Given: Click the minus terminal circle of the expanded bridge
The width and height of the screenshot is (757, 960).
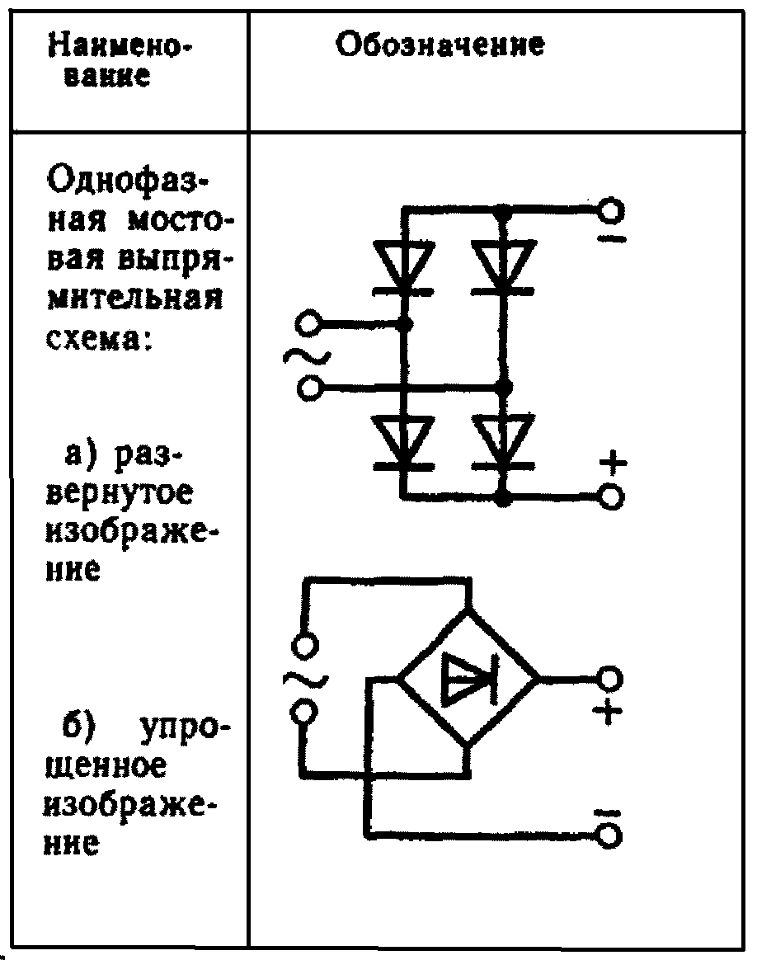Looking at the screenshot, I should (610, 210).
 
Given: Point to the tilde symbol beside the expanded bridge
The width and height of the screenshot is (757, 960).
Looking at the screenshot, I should (307, 355).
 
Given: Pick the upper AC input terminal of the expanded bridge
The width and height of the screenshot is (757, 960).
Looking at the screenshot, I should (307, 323).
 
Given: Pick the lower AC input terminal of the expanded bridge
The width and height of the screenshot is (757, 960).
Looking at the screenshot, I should (307, 387).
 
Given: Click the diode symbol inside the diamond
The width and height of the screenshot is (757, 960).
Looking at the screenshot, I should (467, 679).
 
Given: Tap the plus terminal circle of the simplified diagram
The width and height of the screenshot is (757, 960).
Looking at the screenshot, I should (609, 679).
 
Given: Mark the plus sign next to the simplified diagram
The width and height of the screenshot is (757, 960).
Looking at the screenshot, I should (608, 711).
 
